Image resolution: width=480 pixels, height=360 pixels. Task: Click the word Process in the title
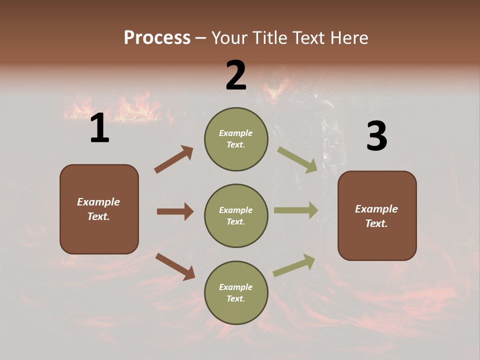point(157,37)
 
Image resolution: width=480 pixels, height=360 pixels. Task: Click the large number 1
point(99,128)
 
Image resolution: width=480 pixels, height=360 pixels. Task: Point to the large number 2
point(236,75)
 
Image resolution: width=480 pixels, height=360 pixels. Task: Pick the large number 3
point(376,136)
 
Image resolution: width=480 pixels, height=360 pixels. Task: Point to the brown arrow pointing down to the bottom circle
point(175,266)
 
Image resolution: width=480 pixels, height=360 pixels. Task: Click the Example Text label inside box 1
point(98,209)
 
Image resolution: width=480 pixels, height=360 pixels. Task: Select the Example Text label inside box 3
point(376,216)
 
